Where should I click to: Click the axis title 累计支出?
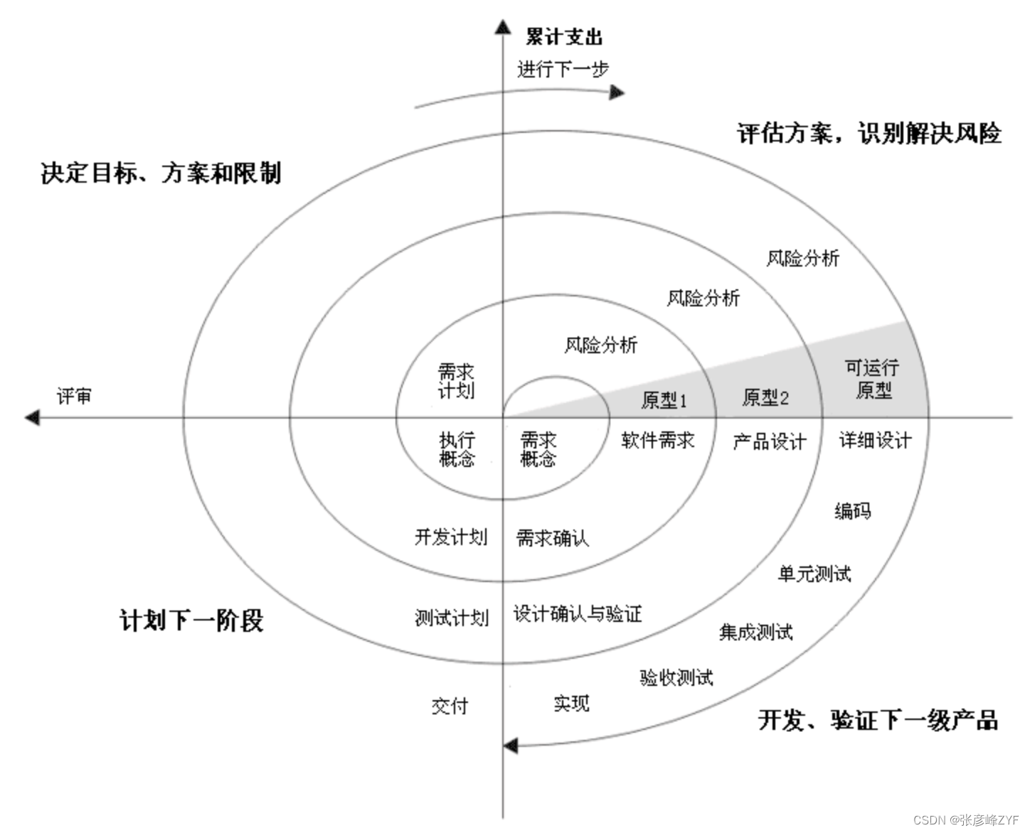563,36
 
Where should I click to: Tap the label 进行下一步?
563,70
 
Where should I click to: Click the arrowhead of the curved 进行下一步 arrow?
617,92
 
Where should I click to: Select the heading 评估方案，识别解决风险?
869,133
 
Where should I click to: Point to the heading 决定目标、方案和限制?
161,173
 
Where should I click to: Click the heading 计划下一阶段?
191,620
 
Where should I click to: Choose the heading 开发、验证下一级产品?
878,720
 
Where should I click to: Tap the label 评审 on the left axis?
74,396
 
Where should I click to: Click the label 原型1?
664,400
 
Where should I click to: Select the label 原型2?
765,397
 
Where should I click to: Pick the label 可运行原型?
873,379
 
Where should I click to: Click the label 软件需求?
657,441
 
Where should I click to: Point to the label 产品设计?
770,442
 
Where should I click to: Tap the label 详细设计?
875,441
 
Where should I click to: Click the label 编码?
852,510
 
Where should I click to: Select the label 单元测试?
814,574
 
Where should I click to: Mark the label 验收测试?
676,677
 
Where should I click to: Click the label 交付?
450,706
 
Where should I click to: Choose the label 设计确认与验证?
578,613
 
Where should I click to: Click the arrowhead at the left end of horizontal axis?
32,417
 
